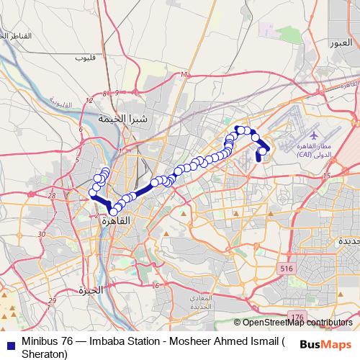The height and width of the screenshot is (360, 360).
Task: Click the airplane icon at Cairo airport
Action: (x=314, y=134)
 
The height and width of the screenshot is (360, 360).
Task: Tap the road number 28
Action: (x=51, y=195)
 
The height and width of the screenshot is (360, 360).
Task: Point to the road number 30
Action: (x=42, y=234)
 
